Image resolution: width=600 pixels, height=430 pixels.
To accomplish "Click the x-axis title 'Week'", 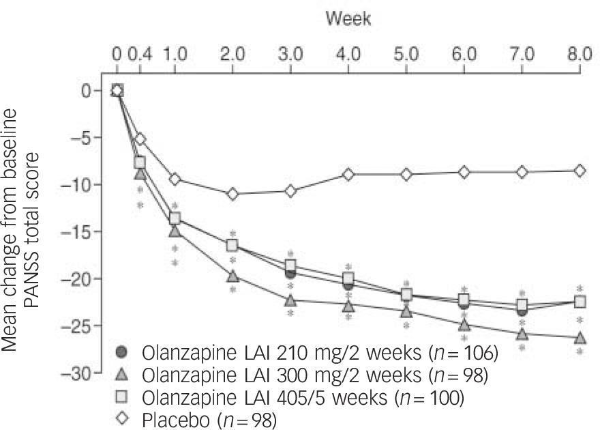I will coord(348,18).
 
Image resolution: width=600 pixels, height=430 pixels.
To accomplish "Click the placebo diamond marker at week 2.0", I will coord(233,194).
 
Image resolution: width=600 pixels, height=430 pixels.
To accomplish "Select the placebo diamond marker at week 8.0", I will coord(580,171).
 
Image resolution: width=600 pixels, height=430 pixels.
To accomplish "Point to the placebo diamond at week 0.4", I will coord(140,139).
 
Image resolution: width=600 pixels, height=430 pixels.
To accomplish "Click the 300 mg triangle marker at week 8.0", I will coord(580,338).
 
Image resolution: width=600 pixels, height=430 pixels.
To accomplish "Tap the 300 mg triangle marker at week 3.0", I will coord(290,300).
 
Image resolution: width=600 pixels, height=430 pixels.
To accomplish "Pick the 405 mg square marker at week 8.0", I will coord(580,302).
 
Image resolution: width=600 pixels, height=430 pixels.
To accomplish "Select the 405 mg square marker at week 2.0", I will coord(233,245).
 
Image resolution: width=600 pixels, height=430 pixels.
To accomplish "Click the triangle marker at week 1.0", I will coord(175,231).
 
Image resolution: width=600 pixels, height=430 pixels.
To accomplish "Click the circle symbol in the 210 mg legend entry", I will coord(122,352).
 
